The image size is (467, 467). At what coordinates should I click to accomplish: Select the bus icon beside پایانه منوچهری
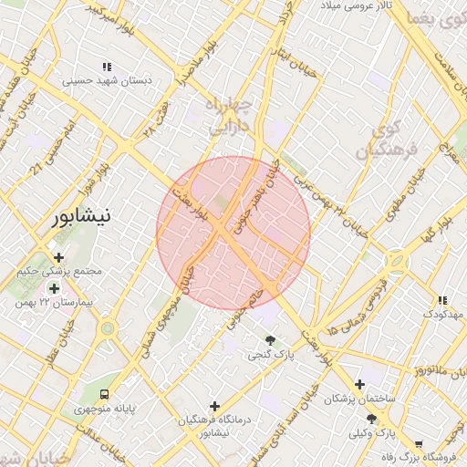pos(106,395)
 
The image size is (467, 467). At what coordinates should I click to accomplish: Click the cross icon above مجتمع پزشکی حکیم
pos(59,258)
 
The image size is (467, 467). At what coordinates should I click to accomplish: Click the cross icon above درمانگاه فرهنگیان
pos(214,406)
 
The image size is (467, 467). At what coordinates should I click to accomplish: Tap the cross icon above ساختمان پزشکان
pos(360,384)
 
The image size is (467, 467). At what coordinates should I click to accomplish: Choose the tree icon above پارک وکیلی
pos(369,419)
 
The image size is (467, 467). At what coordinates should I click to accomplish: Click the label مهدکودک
pos(444,314)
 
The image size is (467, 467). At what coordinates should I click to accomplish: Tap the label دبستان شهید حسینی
pos(107,80)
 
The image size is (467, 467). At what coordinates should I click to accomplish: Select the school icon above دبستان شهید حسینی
pos(107,66)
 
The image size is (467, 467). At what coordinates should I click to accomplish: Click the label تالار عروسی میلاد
pos(362,6)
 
